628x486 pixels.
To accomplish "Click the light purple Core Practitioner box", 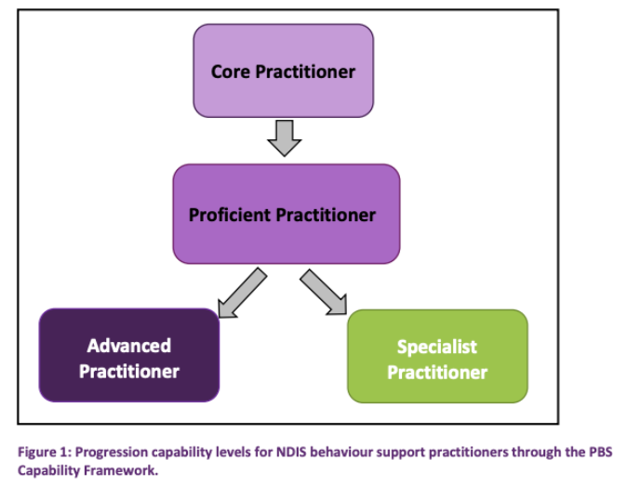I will [x=283, y=71].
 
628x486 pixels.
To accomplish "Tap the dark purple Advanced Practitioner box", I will [x=128, y=358].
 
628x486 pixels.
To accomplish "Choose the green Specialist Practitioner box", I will [x=437, y=359].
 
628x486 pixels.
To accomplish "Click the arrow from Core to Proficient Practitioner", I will [x=284, y=138].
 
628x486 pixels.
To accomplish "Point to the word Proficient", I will [x=230, y=215].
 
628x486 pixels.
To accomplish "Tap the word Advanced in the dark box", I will [x=129, y=346].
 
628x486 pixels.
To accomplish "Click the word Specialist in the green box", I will [x=437, y=347].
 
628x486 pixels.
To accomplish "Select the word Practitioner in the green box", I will [x=437, y=373].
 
